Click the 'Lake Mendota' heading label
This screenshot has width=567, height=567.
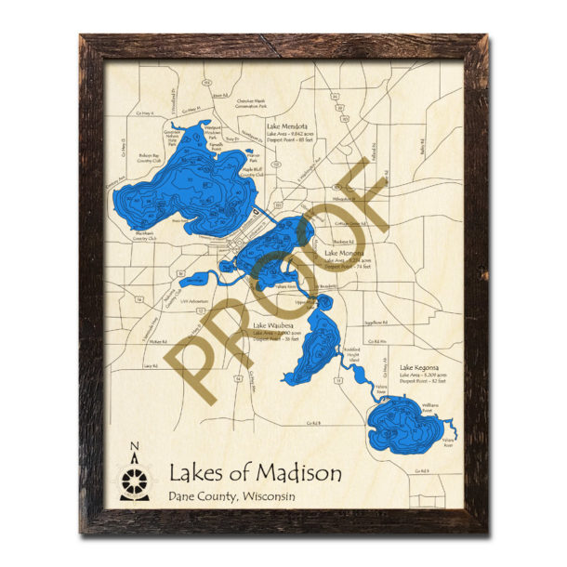(x=286, y=126)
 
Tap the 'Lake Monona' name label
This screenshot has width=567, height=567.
(x=343, y=253)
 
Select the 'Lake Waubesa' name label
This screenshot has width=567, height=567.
(x=273, y=324)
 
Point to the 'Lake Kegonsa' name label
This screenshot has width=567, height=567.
(x=419, y=367)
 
